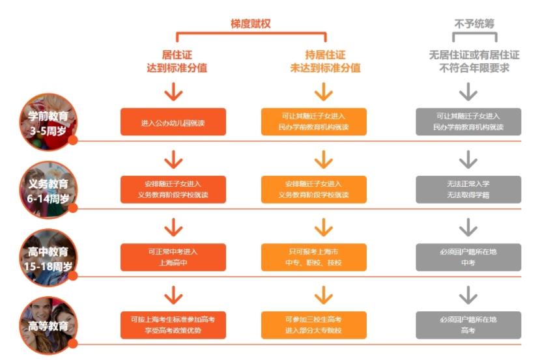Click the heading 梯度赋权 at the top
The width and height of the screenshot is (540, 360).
(x=250, y=23)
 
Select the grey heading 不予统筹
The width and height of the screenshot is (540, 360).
(x=474, y=23)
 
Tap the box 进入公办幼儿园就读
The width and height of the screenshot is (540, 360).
(x=173, y=122)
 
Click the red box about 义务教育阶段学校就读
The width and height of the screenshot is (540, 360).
(x=173, y=189)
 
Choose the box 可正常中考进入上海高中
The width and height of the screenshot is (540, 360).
(x=173, y=257)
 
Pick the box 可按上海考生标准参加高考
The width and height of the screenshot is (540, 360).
(x=173, y=325)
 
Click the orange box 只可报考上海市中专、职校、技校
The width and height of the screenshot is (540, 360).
(x=314, y=257)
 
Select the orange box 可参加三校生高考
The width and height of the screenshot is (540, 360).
(x=314, y=325)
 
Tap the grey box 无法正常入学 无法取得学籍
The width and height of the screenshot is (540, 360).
(x=468, y=189)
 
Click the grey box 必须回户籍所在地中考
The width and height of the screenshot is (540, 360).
(x=468, y=257)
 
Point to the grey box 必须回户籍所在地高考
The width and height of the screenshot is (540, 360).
(x=468, y=325)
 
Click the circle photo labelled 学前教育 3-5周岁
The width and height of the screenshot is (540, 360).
(x=48, y=122)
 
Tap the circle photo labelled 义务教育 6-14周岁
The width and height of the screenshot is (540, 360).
(x=48, y=189)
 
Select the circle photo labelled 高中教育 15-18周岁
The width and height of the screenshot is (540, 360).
(x=48, y=257)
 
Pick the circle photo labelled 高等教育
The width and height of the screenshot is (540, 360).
(x=48, y=325)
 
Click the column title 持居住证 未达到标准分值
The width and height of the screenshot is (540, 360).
(x=325, y=61)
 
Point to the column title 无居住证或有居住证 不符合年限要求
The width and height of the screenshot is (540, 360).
(x=474, y=61)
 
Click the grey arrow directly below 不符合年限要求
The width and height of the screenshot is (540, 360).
(x=468, y=92)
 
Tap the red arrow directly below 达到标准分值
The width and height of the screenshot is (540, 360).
(x=173, y=92)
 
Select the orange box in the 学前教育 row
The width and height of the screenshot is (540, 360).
(x=314, y=122)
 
